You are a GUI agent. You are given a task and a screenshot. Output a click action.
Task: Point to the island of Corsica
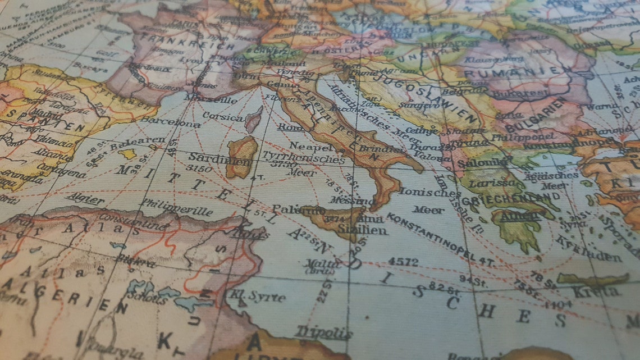[x=253, y=120]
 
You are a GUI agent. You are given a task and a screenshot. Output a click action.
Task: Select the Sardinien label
[x=211, y=157]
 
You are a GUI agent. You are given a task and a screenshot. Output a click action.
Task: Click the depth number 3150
[x=199, y=168]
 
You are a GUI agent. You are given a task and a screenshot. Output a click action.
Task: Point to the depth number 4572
[x=403, y=262]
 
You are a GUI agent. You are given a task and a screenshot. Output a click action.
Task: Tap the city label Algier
[x=85, y=199]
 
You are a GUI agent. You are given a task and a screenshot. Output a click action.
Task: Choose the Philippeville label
[x=177, y=207]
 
